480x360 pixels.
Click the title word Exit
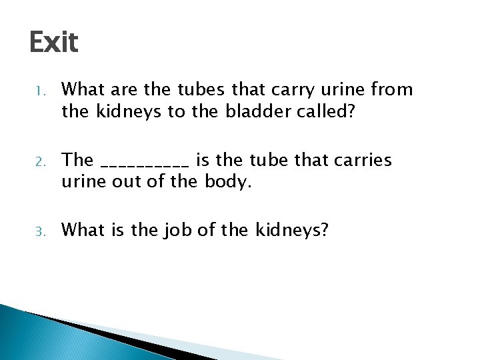coord(54,43)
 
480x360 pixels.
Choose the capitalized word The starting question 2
coord(77,160)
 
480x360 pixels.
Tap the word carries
coord(363,161)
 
